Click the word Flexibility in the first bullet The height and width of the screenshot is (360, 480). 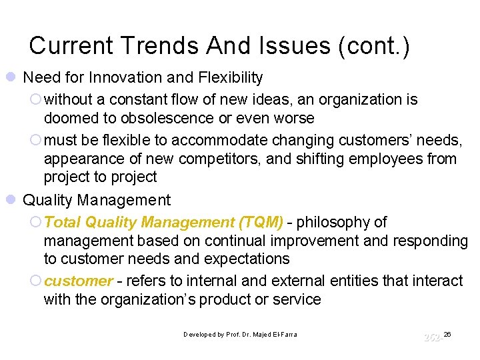click(x=225, y=78)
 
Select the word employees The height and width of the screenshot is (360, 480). click(x=395, y=159)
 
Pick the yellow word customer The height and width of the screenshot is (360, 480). click(x=78, y=281)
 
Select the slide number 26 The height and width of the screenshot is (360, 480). click(x=447, y=333)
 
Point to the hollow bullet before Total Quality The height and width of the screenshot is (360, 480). click(x=36, y=222)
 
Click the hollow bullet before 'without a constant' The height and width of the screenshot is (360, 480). click(x=36, y=100)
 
